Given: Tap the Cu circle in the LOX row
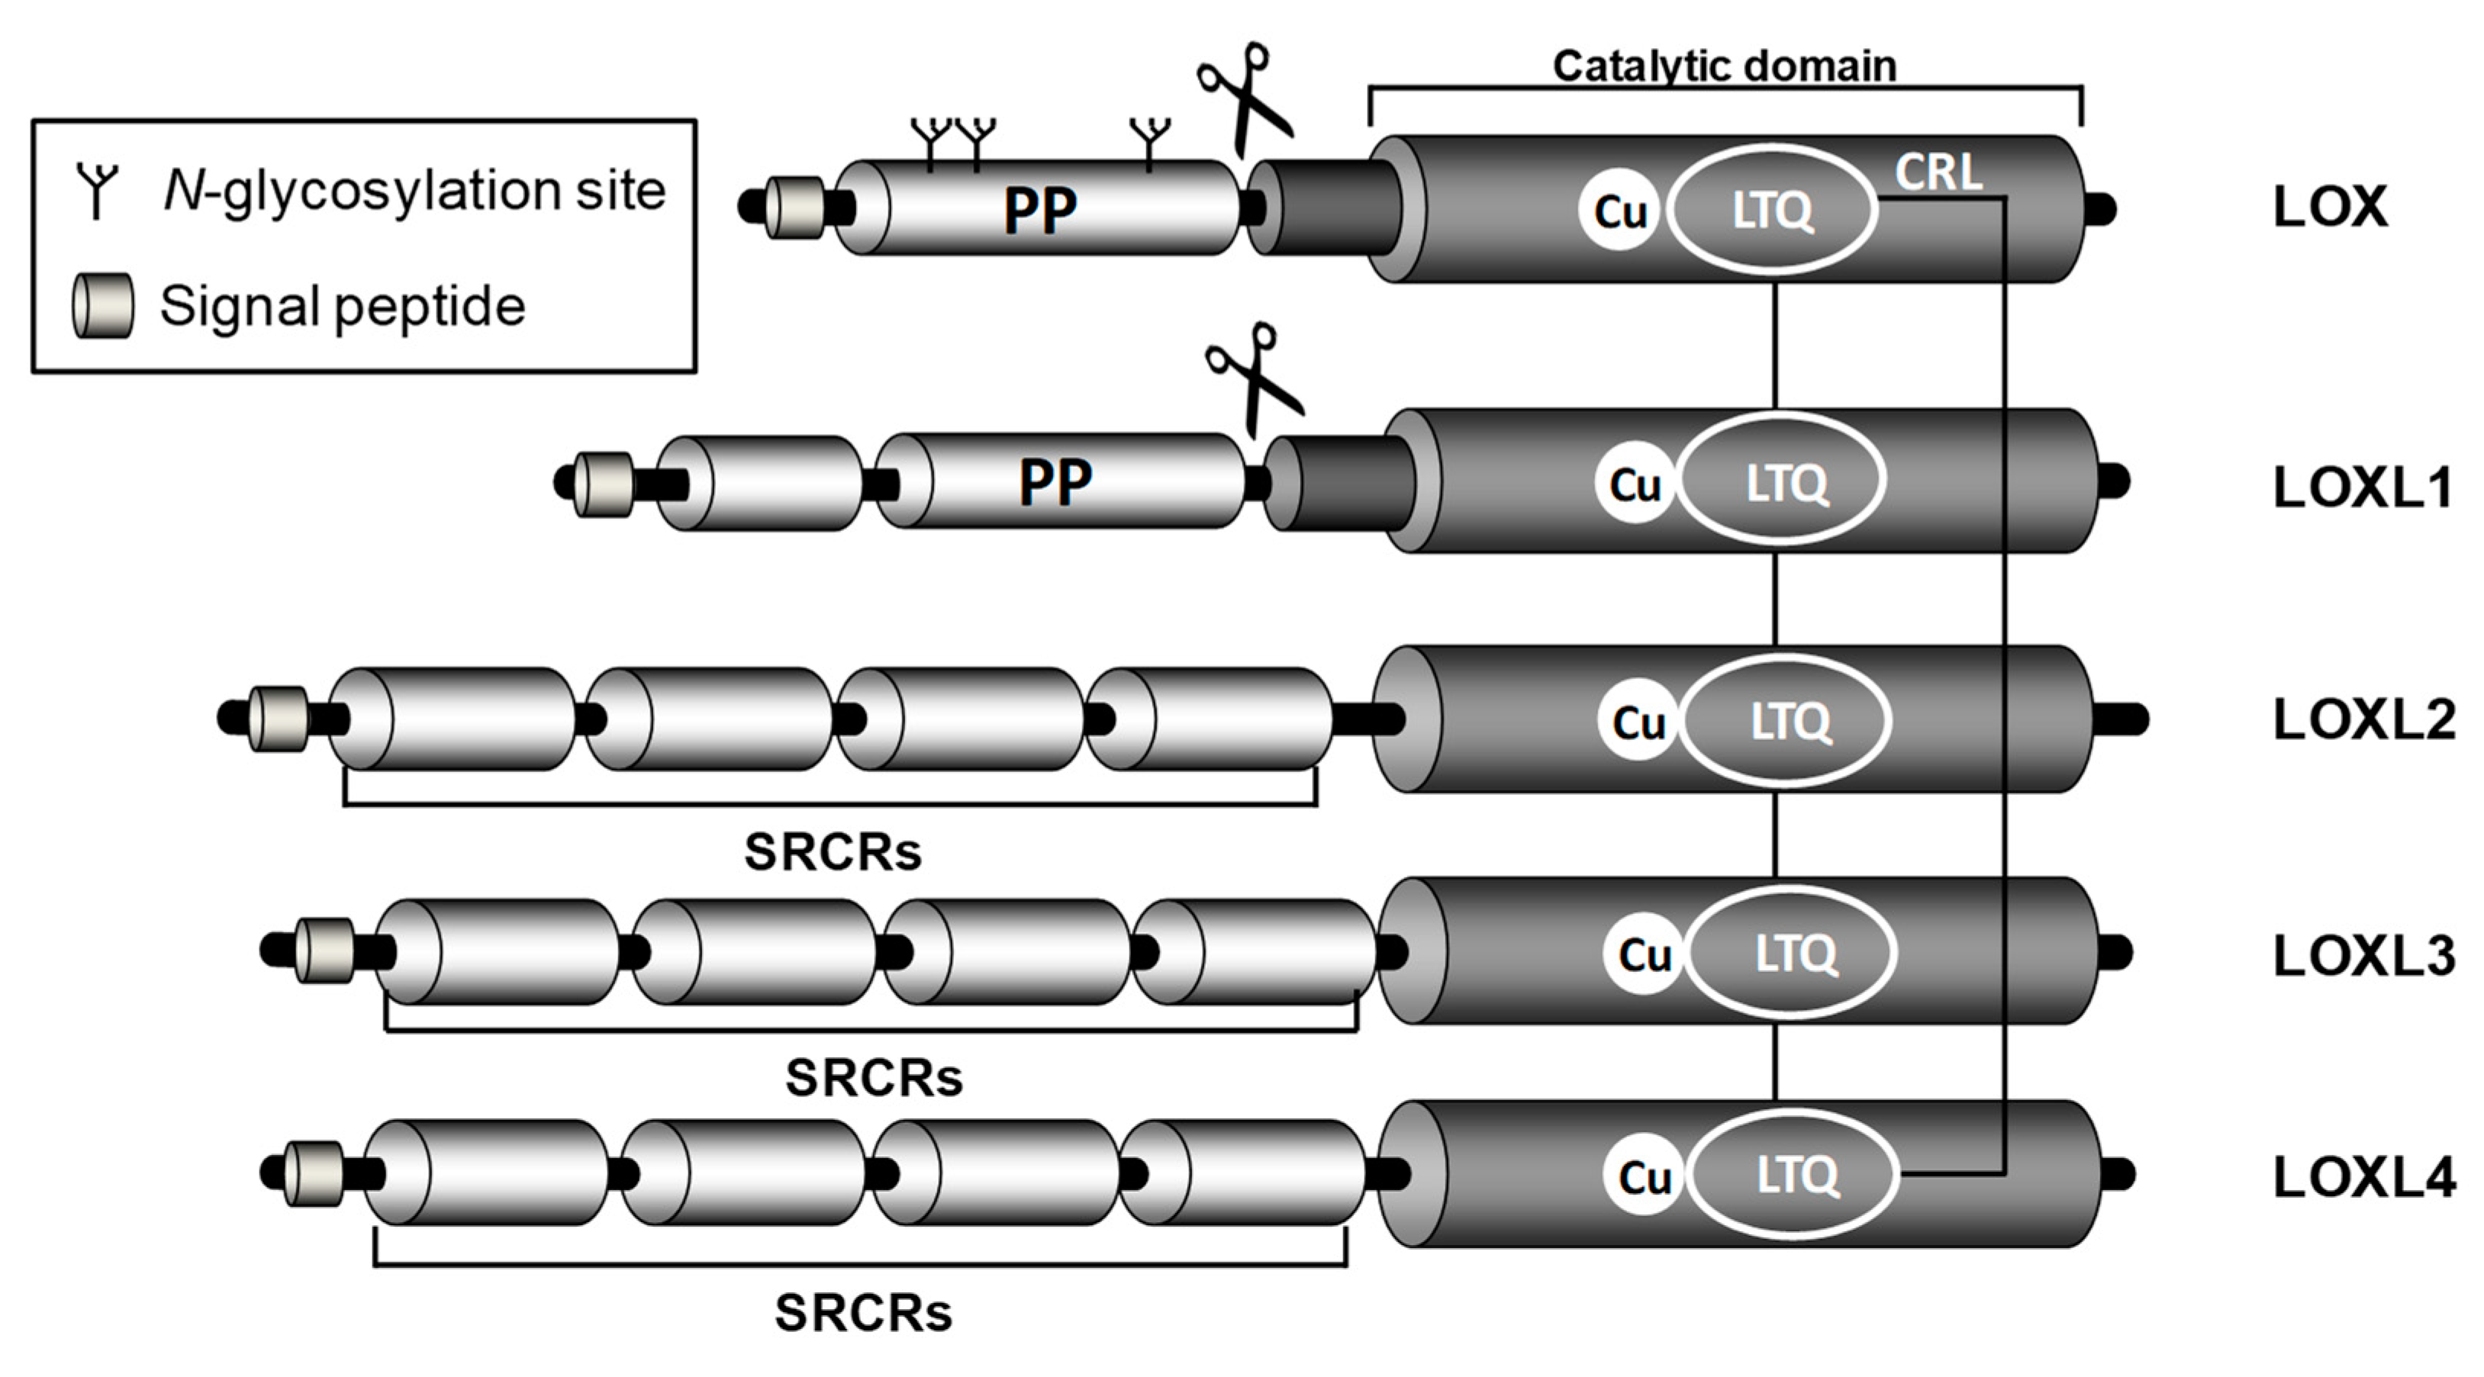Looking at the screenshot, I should pyautogui.click(x=1619, y=211).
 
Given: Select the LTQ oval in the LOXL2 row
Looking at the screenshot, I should pyautogui.click(x=1789, y=720).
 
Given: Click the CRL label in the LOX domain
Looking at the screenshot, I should pyautogui.click(x=1938, y=174).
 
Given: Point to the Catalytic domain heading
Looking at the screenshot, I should pyautogui.click(x=1724, y=66).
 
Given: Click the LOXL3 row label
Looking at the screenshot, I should pyautogui.click(x=2363, y=957).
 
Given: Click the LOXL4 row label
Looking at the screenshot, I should pyautogui.click(x=2363, y=1177).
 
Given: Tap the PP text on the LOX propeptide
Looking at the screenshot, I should pyautogui.click(x=1039, y=211).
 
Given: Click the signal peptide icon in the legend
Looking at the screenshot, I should pyautogui.click(x=103, y=306).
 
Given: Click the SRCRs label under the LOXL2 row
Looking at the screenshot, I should pyautogui.click(x=833, y=851).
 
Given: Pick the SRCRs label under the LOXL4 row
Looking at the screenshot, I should pyautogui.click(x=863, y=1312).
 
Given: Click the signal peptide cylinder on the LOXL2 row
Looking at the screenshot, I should pyautogui.click(x=278, y=719).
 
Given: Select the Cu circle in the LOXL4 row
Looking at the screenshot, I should pyautogui.click(x=1644, y=1176).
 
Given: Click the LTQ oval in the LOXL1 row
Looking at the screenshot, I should pyautogui.click(x=1785, y=482).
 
